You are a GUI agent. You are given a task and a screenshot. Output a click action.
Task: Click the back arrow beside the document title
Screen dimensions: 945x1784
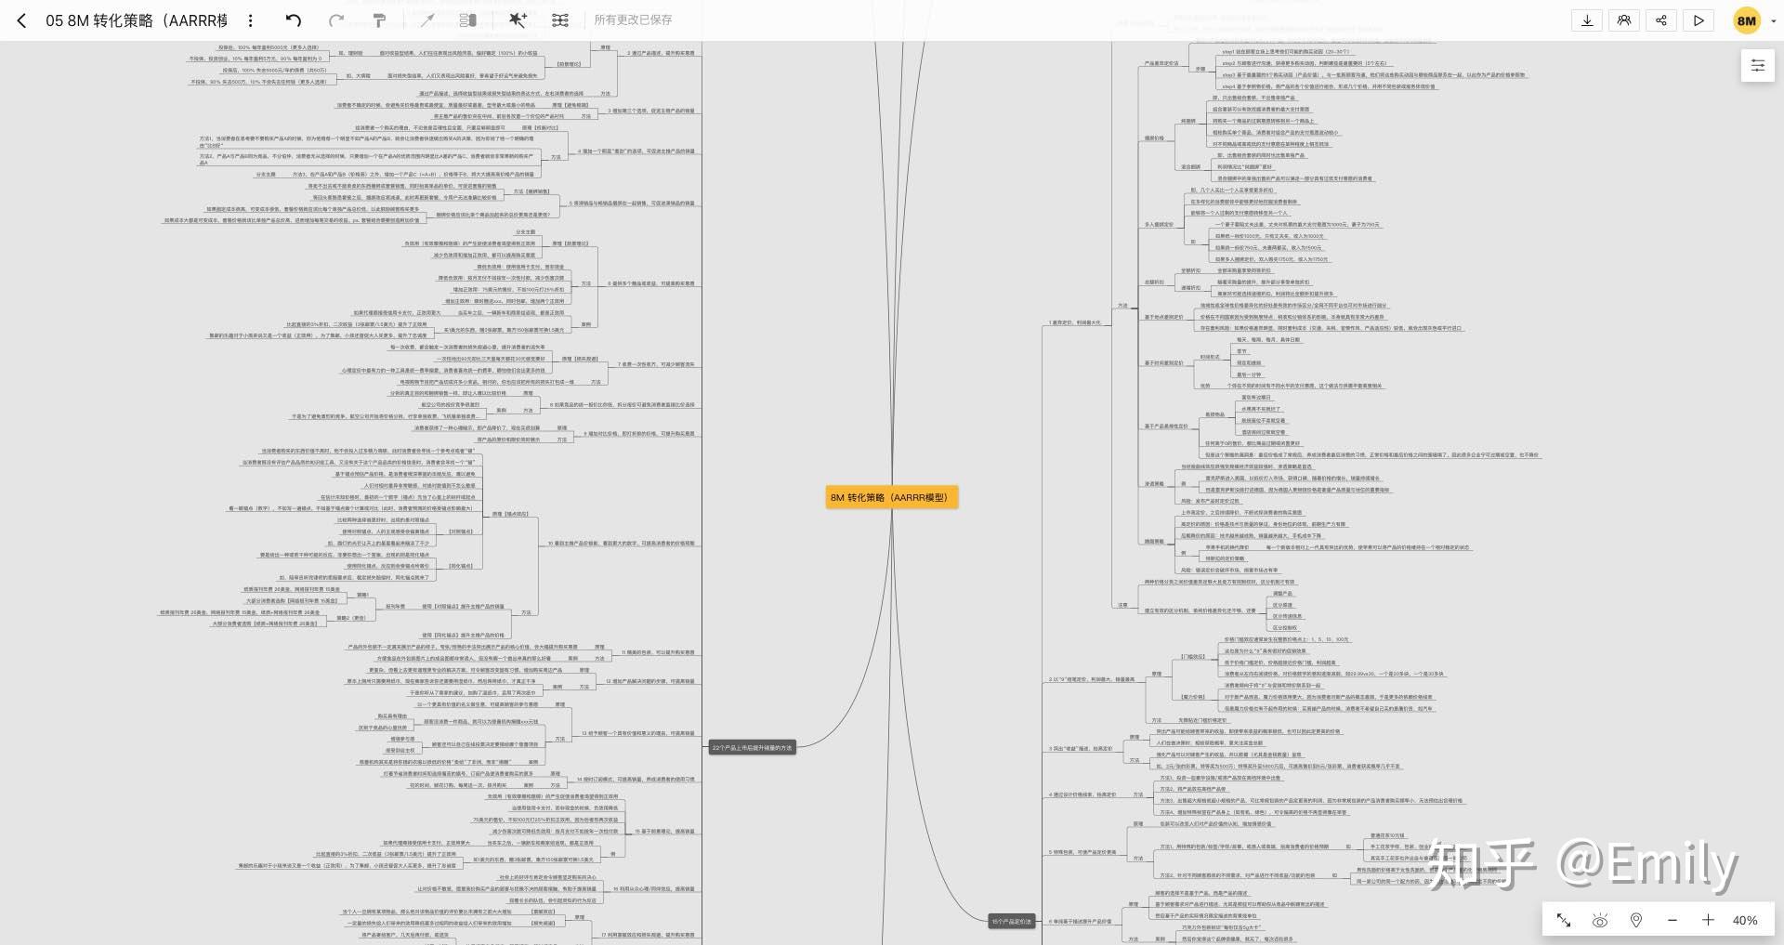[x=21, y=20]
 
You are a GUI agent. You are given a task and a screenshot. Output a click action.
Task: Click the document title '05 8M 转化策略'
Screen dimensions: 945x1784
[x=136, y=20]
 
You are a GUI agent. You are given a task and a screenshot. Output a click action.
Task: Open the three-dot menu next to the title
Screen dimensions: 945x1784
[x=251, y=20]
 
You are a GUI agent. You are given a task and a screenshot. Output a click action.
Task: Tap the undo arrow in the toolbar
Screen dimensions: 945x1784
[x=294, y=20]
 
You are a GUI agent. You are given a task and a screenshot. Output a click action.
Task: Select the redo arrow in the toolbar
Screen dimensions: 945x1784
[x=336, y=20]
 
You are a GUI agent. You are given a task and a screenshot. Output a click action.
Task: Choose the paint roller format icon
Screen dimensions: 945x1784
[x=379, y=20]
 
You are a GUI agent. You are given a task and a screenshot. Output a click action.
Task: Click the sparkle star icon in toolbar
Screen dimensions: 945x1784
[x=518, y=20]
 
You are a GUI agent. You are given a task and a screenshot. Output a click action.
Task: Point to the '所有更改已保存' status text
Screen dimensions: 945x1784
[x=633, y=20]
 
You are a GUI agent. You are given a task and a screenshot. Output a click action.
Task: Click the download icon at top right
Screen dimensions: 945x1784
[x=1587, y=20]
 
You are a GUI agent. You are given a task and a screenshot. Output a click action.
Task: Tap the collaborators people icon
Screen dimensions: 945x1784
[x=1624, y=20]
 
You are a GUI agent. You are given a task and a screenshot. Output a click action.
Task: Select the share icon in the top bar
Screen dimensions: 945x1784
[x=1661, y=20]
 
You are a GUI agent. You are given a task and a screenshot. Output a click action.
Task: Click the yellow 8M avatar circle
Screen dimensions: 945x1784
[x=1747, y=20]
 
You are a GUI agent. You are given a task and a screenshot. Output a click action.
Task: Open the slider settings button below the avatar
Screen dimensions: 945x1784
[x=1757, y=65]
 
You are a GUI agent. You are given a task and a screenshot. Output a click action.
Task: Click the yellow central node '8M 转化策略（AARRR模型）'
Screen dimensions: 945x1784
[x=891, y=497]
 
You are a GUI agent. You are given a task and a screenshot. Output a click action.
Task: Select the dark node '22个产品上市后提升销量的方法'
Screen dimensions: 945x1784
[x=752, y=747]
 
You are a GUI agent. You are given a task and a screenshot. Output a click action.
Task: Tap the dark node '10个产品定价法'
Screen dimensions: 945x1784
[x=1011, y=922]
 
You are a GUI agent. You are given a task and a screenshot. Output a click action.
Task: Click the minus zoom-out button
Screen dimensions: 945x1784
[x=1672, y=920]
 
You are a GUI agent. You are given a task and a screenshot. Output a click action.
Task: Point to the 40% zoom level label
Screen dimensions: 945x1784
[x=1744, y=920]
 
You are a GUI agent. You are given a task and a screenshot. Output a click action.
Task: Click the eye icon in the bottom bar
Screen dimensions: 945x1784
[x=1600, y=920]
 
